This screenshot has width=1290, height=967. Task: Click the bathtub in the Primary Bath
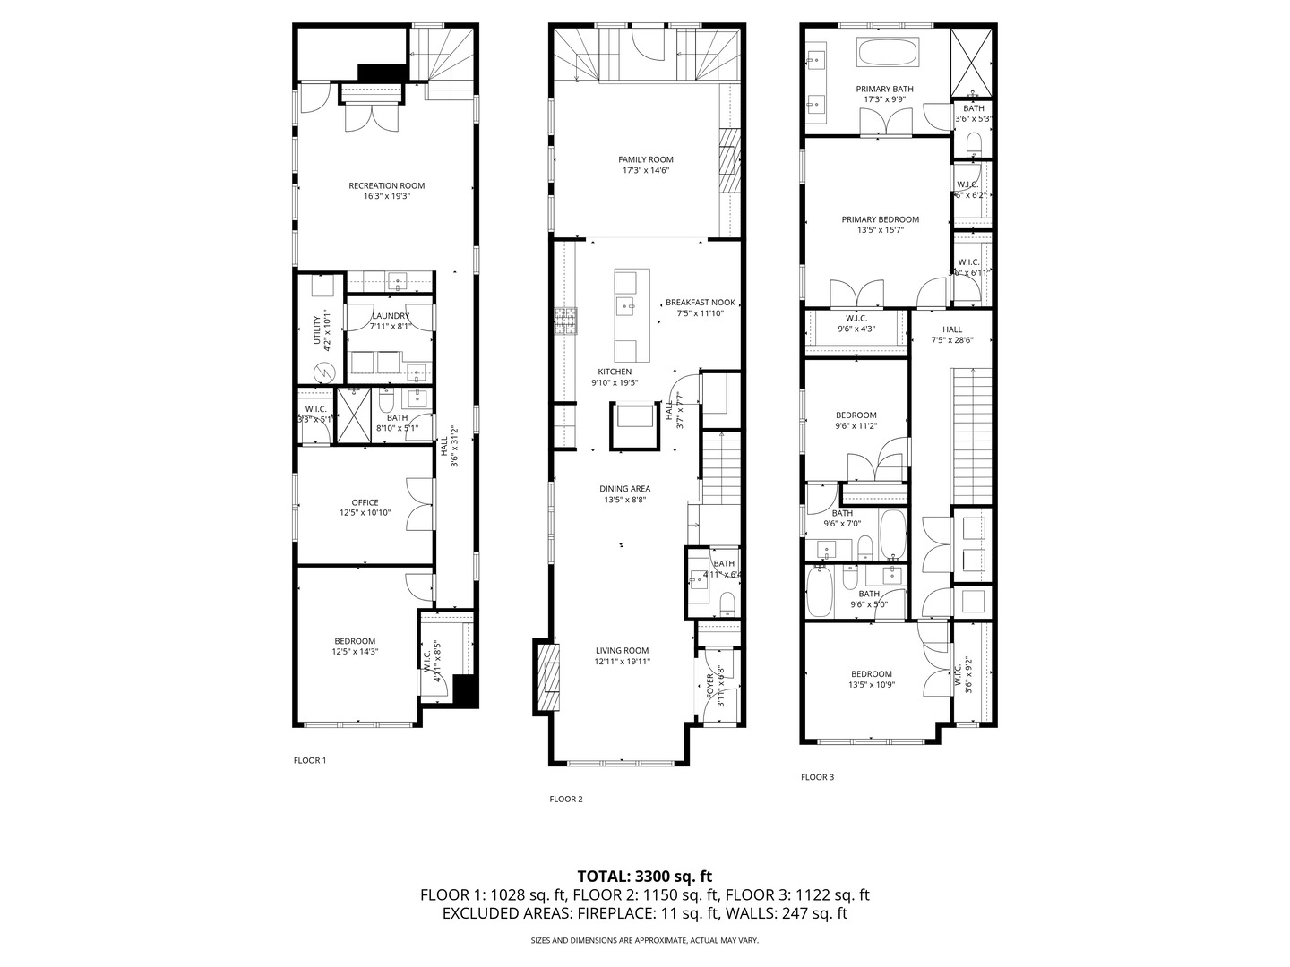coord(888,52)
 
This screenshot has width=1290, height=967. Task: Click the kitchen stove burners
coord(565,321)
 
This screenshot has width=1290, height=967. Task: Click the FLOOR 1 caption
coord(310,760)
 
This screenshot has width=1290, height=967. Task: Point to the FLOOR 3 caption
coord(817,777)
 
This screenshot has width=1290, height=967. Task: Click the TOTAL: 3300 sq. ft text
coord(644,876)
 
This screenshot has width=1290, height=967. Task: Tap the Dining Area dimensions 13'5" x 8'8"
coord(624,501)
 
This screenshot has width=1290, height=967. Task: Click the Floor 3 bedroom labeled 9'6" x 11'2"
coord(856,421)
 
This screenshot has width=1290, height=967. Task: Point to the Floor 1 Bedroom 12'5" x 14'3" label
coord(355,646)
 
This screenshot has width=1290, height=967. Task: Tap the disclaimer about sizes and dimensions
coord(644,940)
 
